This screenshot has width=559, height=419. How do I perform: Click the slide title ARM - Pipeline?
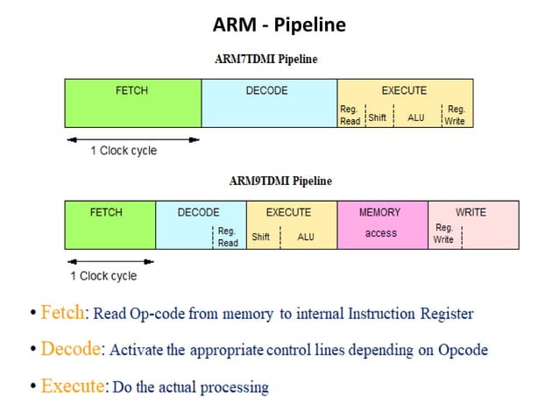pos(279,25)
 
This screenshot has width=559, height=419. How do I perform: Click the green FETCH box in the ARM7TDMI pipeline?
pos(132,103)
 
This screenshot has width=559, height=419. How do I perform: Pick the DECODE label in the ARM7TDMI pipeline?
pos(268,90)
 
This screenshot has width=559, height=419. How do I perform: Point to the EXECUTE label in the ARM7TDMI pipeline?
pos(404,90)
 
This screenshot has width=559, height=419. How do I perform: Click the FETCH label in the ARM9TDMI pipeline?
pos(106,212)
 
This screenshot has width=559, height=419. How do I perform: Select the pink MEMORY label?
pos(380,212)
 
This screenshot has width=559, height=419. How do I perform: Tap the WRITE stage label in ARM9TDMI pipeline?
pos(471,212)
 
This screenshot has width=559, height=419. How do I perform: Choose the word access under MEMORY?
pos(380,233)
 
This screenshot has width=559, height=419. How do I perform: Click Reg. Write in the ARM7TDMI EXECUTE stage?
pos(456,115)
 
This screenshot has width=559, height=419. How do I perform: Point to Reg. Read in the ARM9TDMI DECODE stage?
pos(227,237)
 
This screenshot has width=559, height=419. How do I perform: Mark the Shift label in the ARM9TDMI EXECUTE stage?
pos(261,237)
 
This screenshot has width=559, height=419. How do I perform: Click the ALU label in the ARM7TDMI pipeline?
pos(416,117)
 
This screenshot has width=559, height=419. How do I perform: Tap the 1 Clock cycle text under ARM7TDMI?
pos(124,151)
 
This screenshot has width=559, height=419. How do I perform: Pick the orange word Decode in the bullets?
pos(70,349)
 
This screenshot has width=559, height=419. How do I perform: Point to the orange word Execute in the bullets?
pos(72,386)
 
